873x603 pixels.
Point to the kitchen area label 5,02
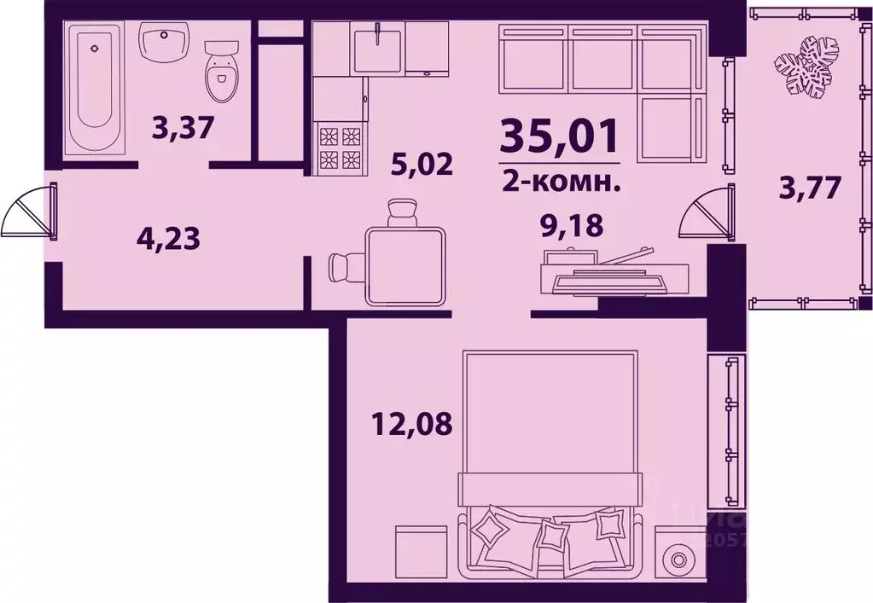pyautogui.click(x=420, y=163)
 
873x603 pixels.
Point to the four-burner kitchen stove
pyautogui.click(x=340, y=148)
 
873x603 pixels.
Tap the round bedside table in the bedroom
pyautogui.click(x=678, y=560)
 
